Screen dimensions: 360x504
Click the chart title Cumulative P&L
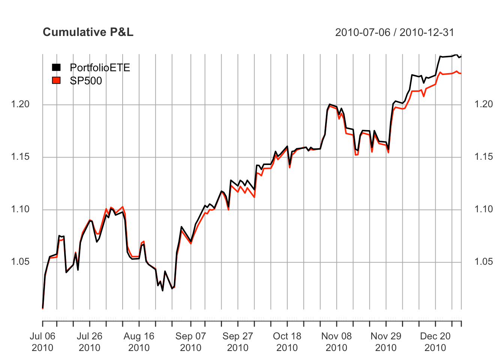click(88, 32)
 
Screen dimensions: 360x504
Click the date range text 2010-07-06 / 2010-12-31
click(394, 33)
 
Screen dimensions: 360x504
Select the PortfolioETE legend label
click(100, 67)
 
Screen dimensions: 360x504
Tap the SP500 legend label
click(86, 81)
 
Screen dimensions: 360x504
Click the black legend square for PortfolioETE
click(56, 67)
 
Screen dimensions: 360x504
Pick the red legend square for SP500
click(56, 80)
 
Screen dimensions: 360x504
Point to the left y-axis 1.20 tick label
click(21, 104)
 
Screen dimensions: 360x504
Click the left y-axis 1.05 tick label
click(21, 262)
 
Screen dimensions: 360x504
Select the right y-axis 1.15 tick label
click(484, 157)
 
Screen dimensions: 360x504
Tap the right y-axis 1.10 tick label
click(484, 209)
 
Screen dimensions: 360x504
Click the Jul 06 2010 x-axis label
click(42, 342)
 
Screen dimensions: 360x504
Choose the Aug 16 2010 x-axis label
click(139, 342)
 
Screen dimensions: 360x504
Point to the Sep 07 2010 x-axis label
click(190, 342)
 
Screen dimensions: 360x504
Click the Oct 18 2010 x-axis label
click(287, 342)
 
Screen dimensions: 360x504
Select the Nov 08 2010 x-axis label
click(336, 342)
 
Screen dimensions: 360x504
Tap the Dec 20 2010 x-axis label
click(435, 342)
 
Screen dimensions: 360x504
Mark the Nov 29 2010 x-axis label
click(386, 342)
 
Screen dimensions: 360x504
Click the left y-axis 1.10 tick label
click(21, 209)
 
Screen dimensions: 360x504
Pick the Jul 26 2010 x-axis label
click(89, 342)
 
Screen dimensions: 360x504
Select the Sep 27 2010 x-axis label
click(237, 342)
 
